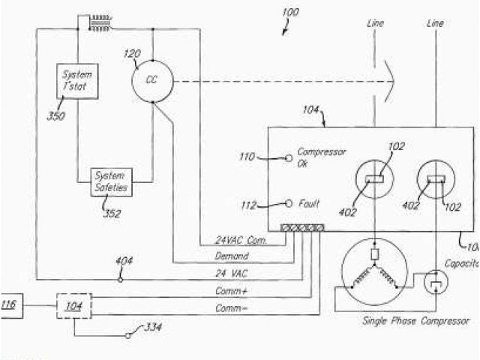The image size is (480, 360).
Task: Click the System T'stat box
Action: [76, 79]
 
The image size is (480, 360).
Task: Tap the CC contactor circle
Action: [152, 79]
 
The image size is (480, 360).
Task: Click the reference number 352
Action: [112, 213]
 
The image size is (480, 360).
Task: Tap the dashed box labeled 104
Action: [74, 305]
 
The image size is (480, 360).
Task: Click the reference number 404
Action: [124, 262]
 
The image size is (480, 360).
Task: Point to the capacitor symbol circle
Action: [435, 283]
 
